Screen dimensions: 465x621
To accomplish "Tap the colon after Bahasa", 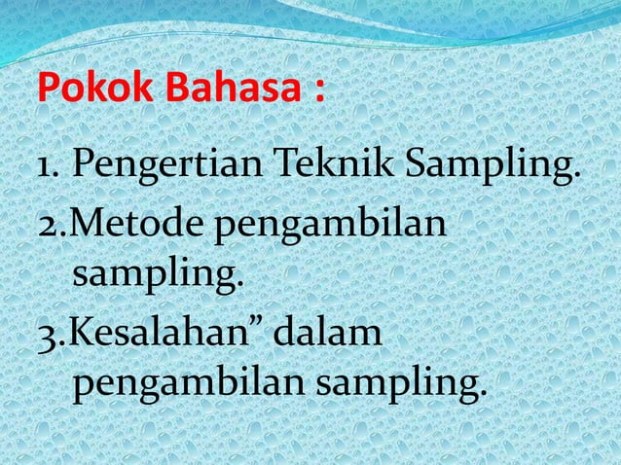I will [x=319, y=95].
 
